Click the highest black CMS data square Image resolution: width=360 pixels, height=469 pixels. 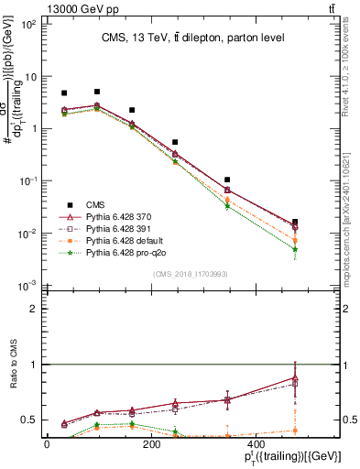coord(97,92)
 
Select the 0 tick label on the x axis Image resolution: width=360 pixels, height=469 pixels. coord(47,444)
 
